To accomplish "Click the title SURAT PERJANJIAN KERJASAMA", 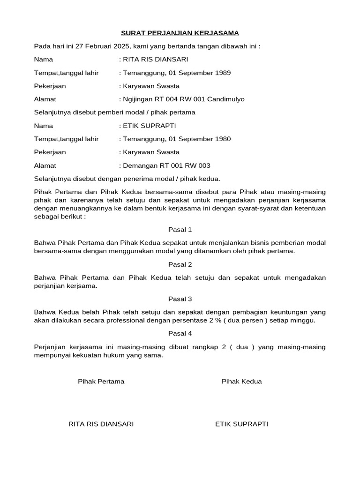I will click(x=180, y=33).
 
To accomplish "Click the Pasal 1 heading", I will click(x=180, y=230).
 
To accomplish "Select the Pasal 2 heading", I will click(x=180, y=264).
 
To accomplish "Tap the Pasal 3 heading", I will click(x=180, y=299).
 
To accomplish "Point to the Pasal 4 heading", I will click(x=180, y=334).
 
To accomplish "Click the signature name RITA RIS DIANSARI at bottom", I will click(x=101, y=424).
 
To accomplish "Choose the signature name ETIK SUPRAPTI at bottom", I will click(x=241, y=424).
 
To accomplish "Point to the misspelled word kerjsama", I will click(x=82, y=286).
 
